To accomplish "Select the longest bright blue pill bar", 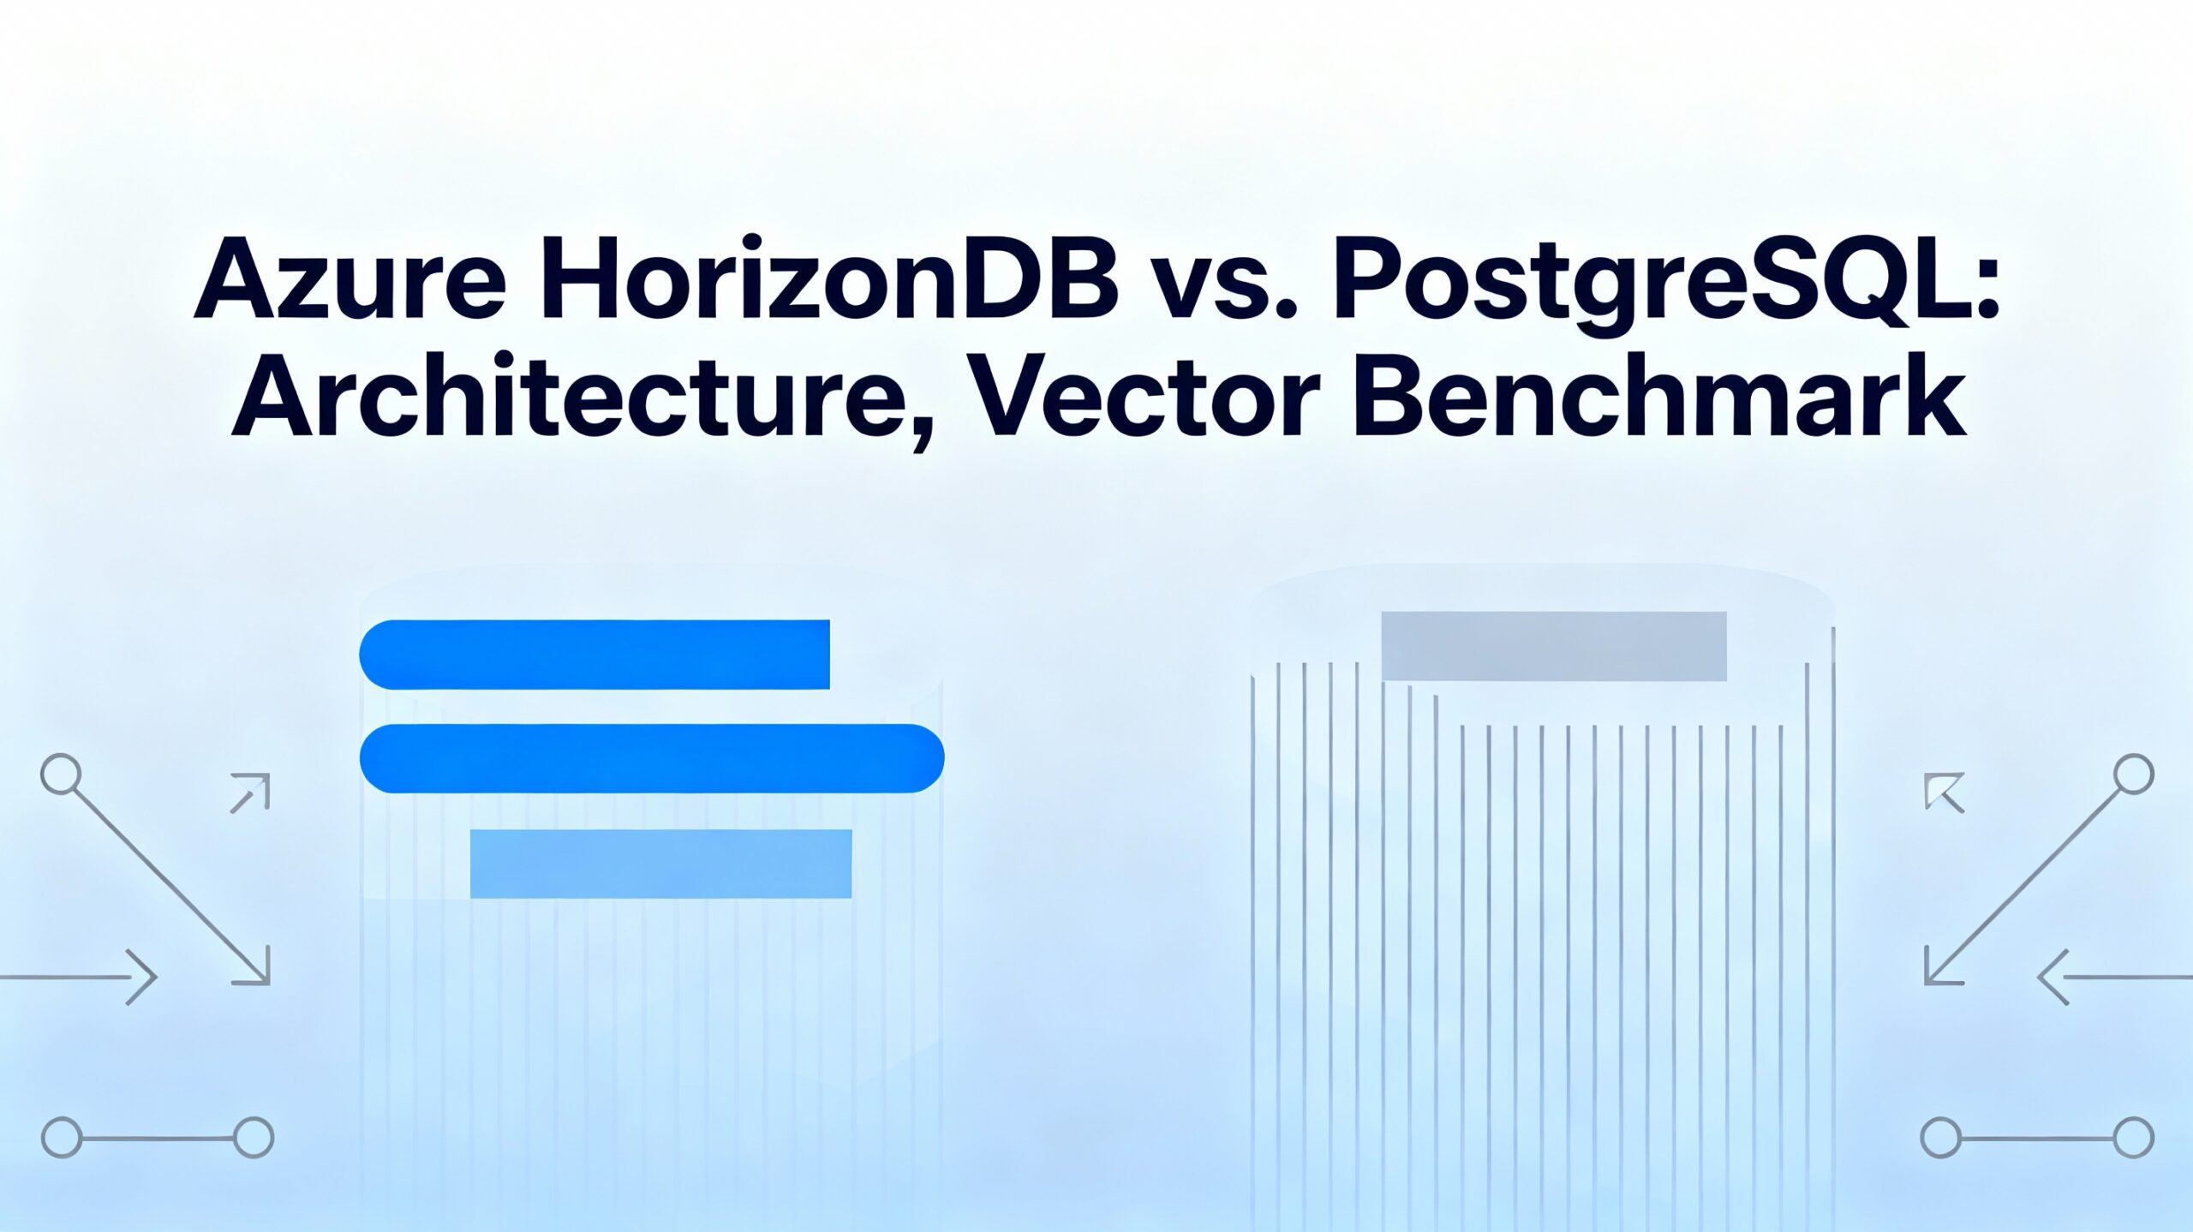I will (651, 758).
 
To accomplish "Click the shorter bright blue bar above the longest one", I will (595, 654).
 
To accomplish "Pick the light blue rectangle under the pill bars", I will (660, 863).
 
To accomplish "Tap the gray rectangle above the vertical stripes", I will (1553, 646).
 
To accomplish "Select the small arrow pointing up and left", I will (1943, 792).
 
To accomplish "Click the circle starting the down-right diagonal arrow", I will (61, 774).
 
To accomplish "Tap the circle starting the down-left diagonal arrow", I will (2133, 774).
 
